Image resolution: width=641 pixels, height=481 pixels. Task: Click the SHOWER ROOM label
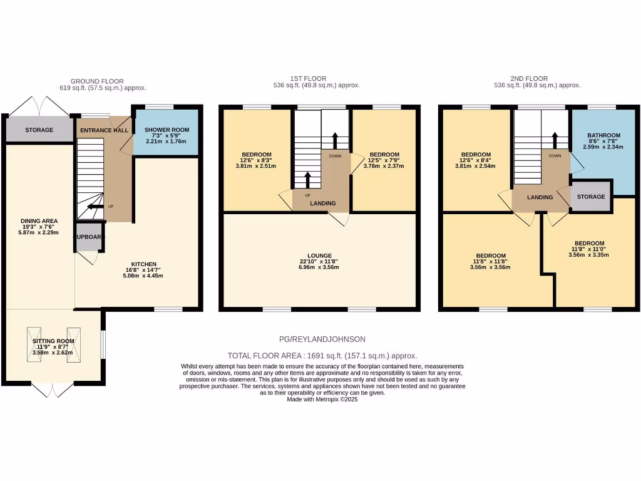[167, 130]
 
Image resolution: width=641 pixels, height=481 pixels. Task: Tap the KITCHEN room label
[144, 264]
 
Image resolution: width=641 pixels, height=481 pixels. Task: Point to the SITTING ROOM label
[53, 341]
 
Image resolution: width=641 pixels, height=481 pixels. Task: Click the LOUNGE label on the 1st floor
[320, 256]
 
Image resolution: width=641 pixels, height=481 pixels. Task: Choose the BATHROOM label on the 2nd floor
[603, 135]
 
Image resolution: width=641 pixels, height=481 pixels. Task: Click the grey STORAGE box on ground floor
[39, 130]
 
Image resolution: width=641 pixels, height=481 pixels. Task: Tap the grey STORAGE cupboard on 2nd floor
[591, 197]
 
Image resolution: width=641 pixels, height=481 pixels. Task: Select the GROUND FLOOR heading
[96, 81]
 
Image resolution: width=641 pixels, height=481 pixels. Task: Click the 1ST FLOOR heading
[317, 78]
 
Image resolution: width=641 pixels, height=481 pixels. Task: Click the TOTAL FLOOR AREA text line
[322, 355]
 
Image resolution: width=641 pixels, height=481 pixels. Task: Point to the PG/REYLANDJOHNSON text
[322, 339]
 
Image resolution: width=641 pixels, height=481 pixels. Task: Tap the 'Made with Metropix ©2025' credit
[322, 399]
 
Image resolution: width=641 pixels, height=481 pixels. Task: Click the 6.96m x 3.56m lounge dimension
[320, 267]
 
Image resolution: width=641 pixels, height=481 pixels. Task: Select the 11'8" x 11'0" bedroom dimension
[590, 249]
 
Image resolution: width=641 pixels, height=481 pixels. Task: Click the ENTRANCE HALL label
[104, 130]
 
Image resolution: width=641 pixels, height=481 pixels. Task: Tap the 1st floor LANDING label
[323, 203]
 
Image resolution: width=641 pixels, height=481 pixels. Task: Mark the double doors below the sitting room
[53, 390]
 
